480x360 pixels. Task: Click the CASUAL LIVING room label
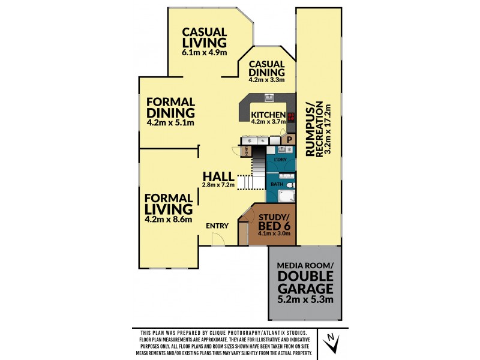tap(205, 37)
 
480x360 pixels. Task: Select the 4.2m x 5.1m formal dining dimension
tap(170, 124)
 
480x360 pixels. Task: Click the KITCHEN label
tap(268, 115)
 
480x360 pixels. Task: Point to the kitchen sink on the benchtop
tap(269, 97)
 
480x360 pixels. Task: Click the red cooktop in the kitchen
tap(292, 116)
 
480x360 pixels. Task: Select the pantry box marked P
tap(289, 139)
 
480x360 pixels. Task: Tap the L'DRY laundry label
tap(280, 160)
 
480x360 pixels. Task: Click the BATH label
tap(277, 184)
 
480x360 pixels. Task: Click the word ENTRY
tap(217, 226)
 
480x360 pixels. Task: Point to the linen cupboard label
tap(246, 151)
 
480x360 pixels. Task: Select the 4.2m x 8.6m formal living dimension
tap(169, 220)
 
